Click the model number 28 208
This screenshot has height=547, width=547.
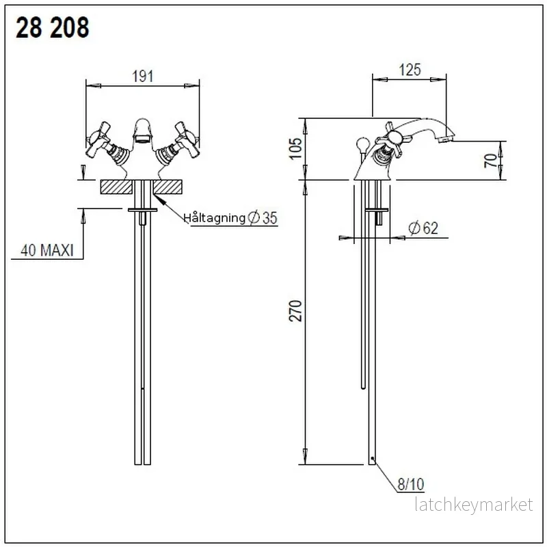coord(53,28)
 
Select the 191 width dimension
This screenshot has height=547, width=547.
coord(143,77)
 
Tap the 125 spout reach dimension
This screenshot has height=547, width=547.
coord(410,70)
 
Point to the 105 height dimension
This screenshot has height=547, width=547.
coord(296,148)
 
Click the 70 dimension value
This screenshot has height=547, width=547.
coord(491,161)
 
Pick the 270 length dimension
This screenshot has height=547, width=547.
coord(296,310)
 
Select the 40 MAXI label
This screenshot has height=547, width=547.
coord(47,250)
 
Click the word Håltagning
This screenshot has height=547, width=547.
coord(215,217)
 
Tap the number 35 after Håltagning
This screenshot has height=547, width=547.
coord(269,218)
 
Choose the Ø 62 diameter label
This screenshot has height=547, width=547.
coord(423,228)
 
